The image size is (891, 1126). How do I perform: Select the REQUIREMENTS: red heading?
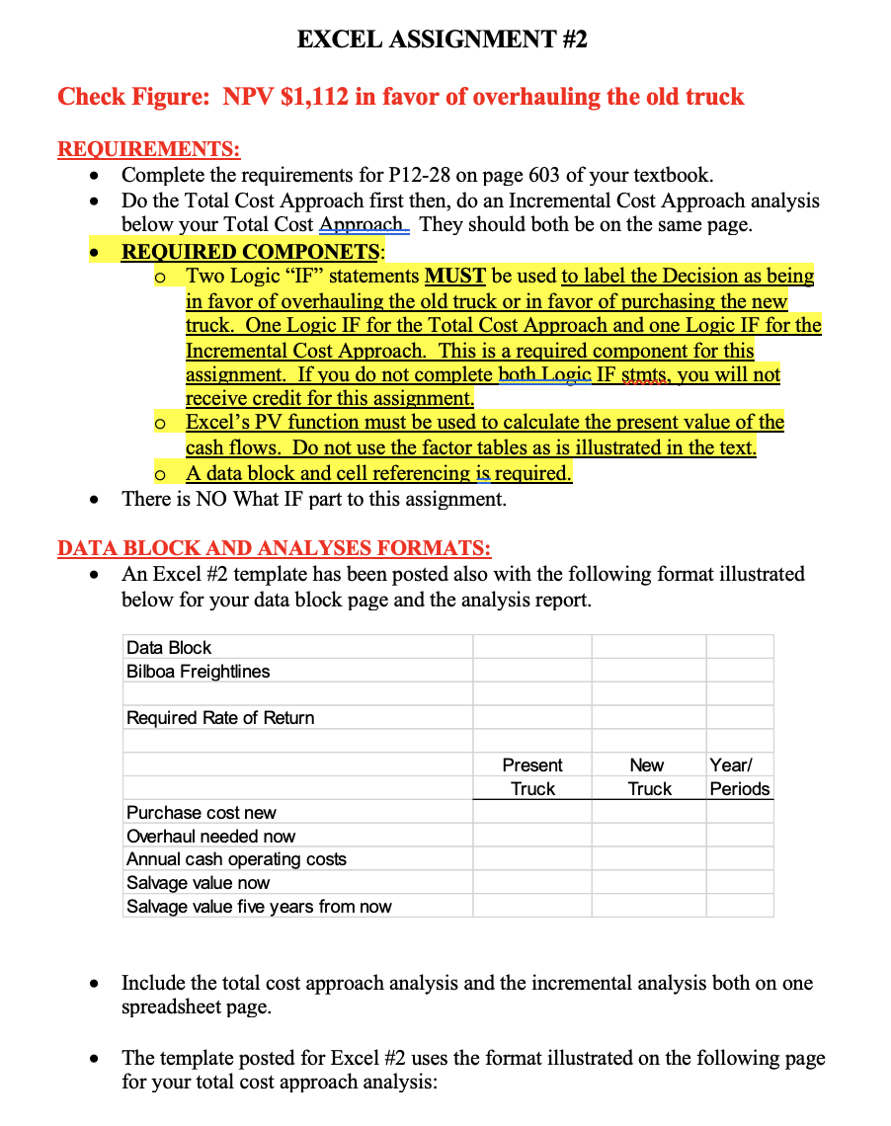149,150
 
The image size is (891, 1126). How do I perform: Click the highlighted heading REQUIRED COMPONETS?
250,251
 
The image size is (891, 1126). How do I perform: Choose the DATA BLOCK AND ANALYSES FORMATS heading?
274,548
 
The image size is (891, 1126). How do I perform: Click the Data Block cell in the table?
169,648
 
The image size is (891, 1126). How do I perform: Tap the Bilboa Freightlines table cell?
198,672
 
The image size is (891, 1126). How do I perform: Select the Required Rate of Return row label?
220,718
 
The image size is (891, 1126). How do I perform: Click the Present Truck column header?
532,777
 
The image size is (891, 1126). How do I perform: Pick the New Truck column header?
648,777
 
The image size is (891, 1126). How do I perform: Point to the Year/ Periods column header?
739,777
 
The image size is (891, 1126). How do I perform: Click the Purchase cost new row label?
202,813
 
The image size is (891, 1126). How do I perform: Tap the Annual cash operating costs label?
236,859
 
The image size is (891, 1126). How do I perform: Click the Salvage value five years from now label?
259,907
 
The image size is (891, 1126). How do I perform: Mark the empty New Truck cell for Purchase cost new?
648,813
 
